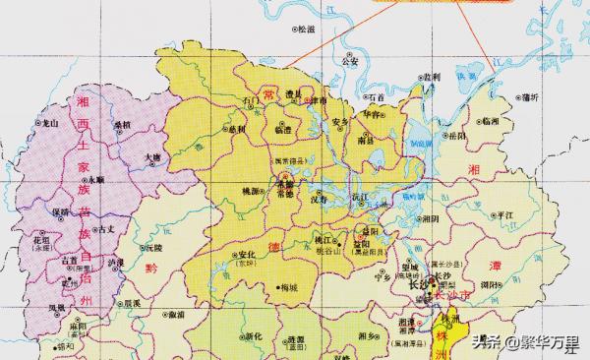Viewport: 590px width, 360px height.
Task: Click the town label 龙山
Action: [47, 124]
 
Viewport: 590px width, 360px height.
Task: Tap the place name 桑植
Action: [122, 126]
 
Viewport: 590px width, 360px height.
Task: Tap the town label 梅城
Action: [288, 288]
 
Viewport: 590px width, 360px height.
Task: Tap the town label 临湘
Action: [490, 121]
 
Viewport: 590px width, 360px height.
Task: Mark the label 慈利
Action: [237, 129]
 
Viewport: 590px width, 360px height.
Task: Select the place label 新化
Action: [253, 336]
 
